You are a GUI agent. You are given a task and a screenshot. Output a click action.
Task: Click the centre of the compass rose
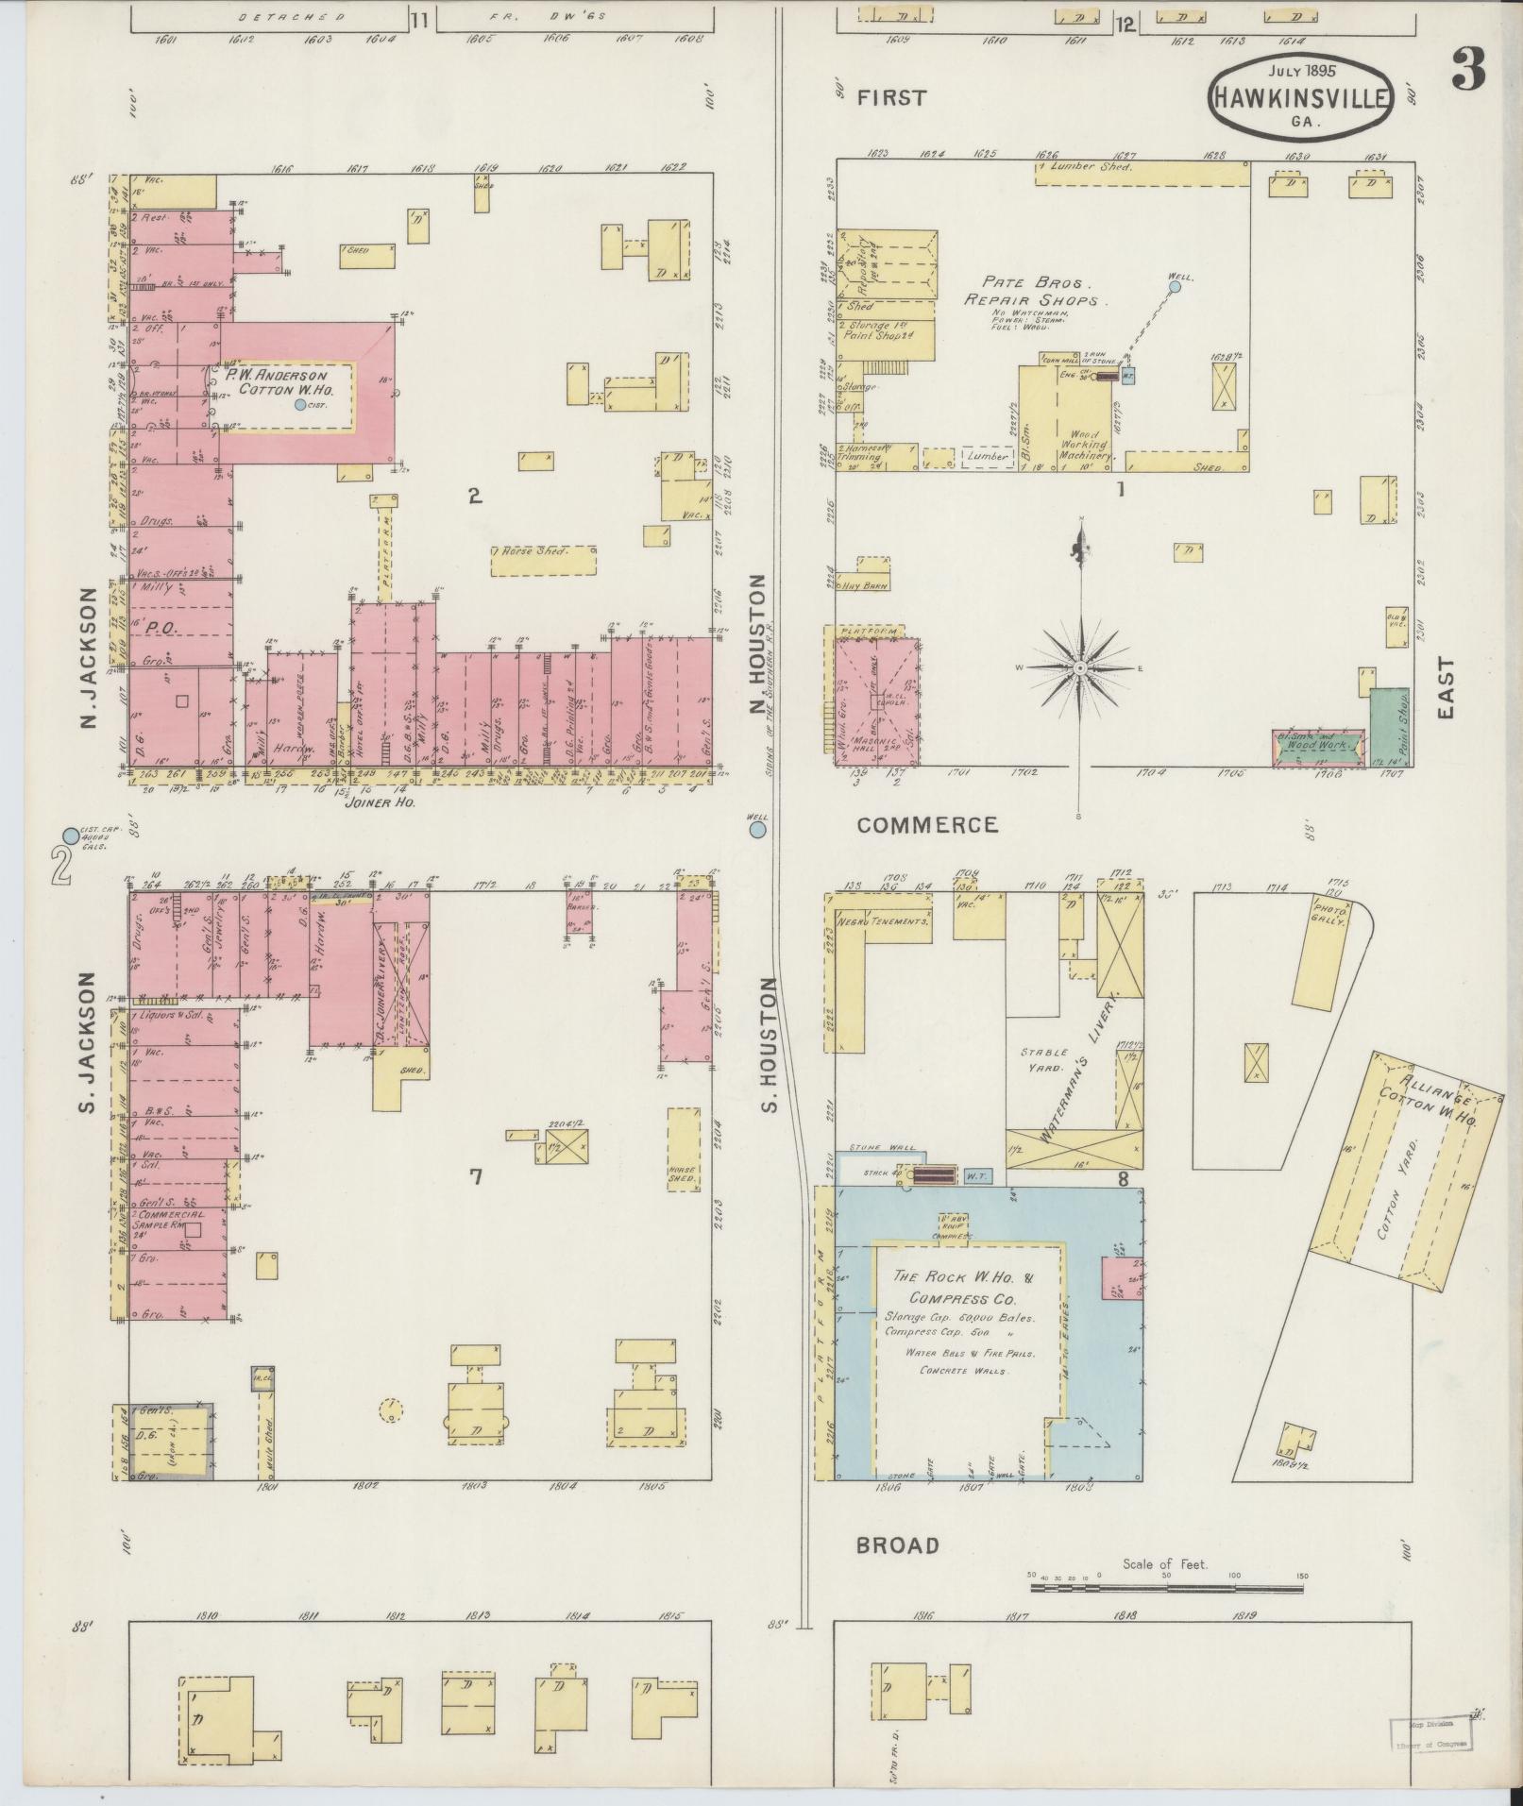click(x=1078, y=668)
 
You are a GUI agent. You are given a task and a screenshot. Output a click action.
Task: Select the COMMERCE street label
click(x=926, y=825)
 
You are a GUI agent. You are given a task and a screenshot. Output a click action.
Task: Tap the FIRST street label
click(x=892, y=97)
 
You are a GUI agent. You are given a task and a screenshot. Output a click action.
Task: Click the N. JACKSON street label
click(x=91, y=658)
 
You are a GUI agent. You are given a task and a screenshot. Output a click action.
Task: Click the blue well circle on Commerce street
click(x=756, y=830)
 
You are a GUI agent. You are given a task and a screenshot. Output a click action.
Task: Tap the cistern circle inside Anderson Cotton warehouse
click(x=300, y=404)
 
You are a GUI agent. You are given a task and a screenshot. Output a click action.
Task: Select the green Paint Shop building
click(x=1388, y=725)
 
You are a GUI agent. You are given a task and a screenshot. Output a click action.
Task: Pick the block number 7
click(x=476, y=1176)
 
